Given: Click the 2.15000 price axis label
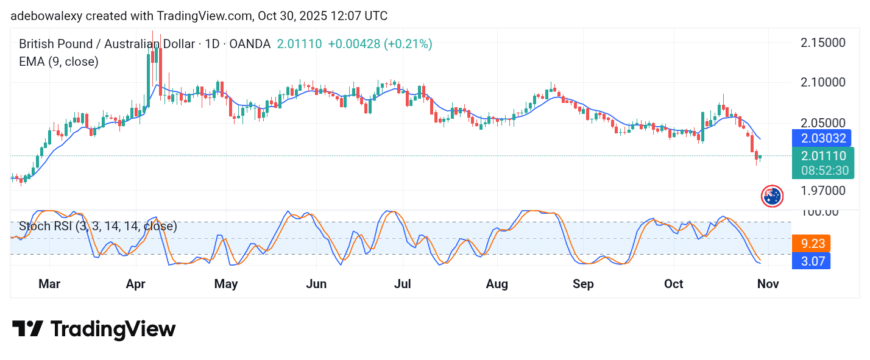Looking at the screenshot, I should (822, 43).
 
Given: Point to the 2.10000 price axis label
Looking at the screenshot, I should (822, 82).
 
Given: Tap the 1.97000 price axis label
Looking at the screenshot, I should (822, 190).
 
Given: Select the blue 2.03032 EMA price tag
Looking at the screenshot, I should (822, 138).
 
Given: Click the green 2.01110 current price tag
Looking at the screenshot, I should (822, 156).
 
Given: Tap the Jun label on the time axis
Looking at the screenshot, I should (316, 284).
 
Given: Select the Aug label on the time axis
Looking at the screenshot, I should (497, 284).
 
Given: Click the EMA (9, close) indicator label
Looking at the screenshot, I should (58, 62).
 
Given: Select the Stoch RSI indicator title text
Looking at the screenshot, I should (97, 227).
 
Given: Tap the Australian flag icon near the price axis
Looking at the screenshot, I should (773, 196).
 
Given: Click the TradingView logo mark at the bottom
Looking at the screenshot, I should (27, 330).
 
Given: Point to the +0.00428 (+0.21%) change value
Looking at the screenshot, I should (380, 44).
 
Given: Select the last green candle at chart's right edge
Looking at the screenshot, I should (760, 157).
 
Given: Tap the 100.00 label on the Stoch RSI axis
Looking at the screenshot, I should (819, 211).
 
